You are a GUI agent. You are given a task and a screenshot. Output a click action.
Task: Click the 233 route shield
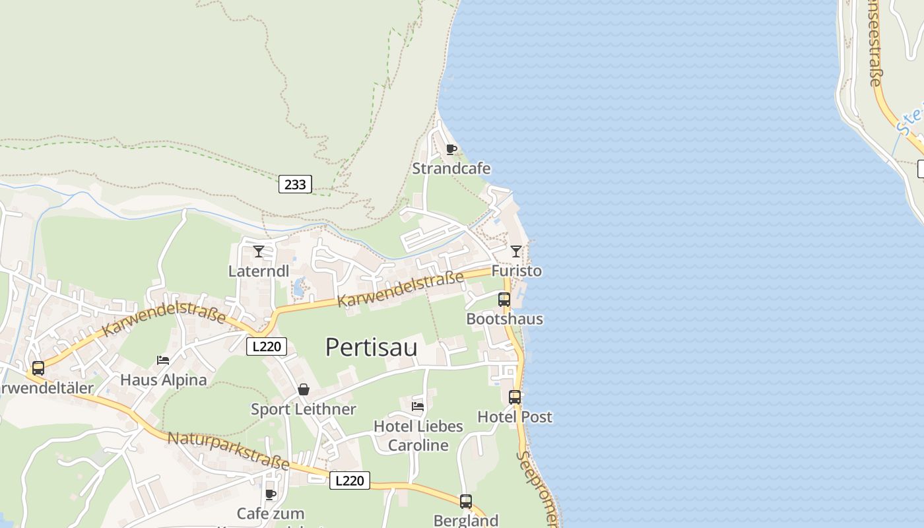[x=295, y=184]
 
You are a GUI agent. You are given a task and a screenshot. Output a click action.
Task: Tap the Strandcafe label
[x=451, y=168]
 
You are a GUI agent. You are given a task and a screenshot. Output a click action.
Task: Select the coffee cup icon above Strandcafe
[x=451, y=149]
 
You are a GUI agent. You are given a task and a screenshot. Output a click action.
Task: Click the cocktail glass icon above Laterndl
[x=259, y=251]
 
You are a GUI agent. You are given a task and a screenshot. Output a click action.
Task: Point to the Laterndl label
[x=259, y=271]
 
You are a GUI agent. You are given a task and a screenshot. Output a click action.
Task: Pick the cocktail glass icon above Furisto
[x=516, y=251]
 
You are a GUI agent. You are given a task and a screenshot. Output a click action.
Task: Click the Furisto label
[x=516, y=271]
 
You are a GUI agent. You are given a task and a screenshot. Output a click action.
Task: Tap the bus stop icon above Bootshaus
[x=504, y=300]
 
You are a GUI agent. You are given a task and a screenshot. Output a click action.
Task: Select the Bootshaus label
[x=504, y=319]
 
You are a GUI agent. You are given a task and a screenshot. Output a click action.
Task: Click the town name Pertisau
[x=371, y=347]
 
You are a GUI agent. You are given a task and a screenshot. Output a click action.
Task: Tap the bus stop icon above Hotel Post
[x=515, y=397]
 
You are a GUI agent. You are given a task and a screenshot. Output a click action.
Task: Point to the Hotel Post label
[x=515, y=417]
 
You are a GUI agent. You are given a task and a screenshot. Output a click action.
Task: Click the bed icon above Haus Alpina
[x=163, y=360]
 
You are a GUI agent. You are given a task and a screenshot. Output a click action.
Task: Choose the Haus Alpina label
[x=163, y=380]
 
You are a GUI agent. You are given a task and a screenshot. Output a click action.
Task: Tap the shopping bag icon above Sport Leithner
[x=304, y=389]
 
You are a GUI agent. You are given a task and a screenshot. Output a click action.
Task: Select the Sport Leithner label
[x=304, y=409]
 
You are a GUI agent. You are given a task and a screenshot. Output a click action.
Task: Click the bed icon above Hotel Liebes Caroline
[x=418, y=407]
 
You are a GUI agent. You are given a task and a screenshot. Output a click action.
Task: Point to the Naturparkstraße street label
[x=228, y=451]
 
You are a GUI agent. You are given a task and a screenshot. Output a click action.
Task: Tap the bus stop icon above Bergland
[x=466, y=502]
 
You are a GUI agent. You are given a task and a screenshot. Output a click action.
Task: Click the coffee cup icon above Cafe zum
[x=271, y=494]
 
